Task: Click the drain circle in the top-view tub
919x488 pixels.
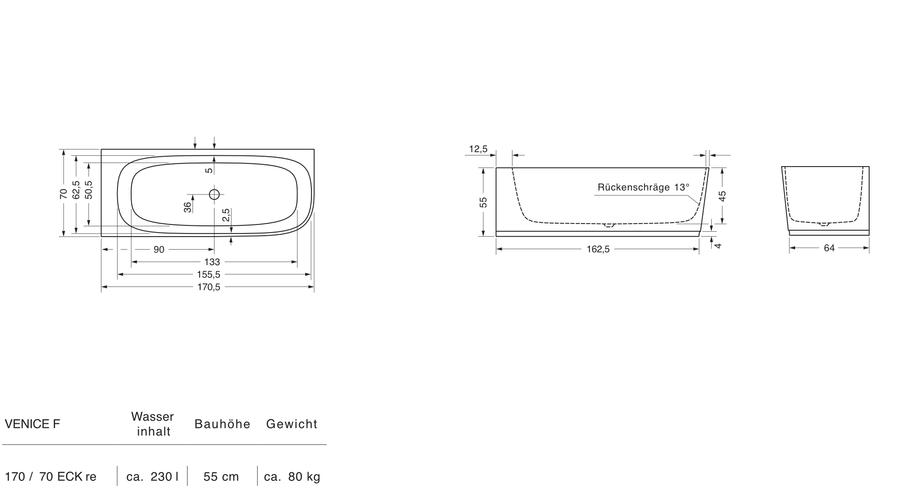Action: pyautogui.click(x=214, y=194)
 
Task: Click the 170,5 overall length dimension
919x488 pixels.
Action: pyautogui.click(x=209, y=287)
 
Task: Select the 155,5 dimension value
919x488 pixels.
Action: pyautogui.click(x=209, y=274)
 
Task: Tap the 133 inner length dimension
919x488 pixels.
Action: pyautogui.click(x=212, y=262)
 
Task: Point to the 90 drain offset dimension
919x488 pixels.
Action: pyautogui.click(x=159, y=250)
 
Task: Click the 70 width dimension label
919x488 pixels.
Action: pyautogui.click(x=63, y=194)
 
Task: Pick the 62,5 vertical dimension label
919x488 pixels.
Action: pyautogui.click(x=76, y=190)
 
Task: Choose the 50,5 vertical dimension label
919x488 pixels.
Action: pyautogui.click(x=88, y=190)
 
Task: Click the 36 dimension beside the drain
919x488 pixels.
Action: pyautogui.click(x=188, y=207)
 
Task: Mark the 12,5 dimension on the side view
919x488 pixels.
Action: pyautogui.click(x=478, y=149)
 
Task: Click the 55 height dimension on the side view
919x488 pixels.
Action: pyautogui.click(x=483, y=202)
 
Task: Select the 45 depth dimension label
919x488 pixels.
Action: pyautogui.click(x=722, y=196)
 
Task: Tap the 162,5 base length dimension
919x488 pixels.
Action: pyautogui.click(x=598, y=250)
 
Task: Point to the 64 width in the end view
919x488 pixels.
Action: pyautogui.click(x=829, y=248)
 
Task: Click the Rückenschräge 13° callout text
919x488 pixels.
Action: pyautogui.click(x=643, y=187)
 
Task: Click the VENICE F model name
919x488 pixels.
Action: pyautogui.click(x=32, y=424)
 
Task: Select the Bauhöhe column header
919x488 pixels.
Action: pyautogui.click(x=223, y=424)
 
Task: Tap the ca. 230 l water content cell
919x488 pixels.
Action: pyautogui.click(x=152, y=477)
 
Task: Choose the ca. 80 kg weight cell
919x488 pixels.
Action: pyautogui.click(x=292, y=477)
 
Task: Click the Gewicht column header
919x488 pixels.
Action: pyautogui.click(x=292, y=424)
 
